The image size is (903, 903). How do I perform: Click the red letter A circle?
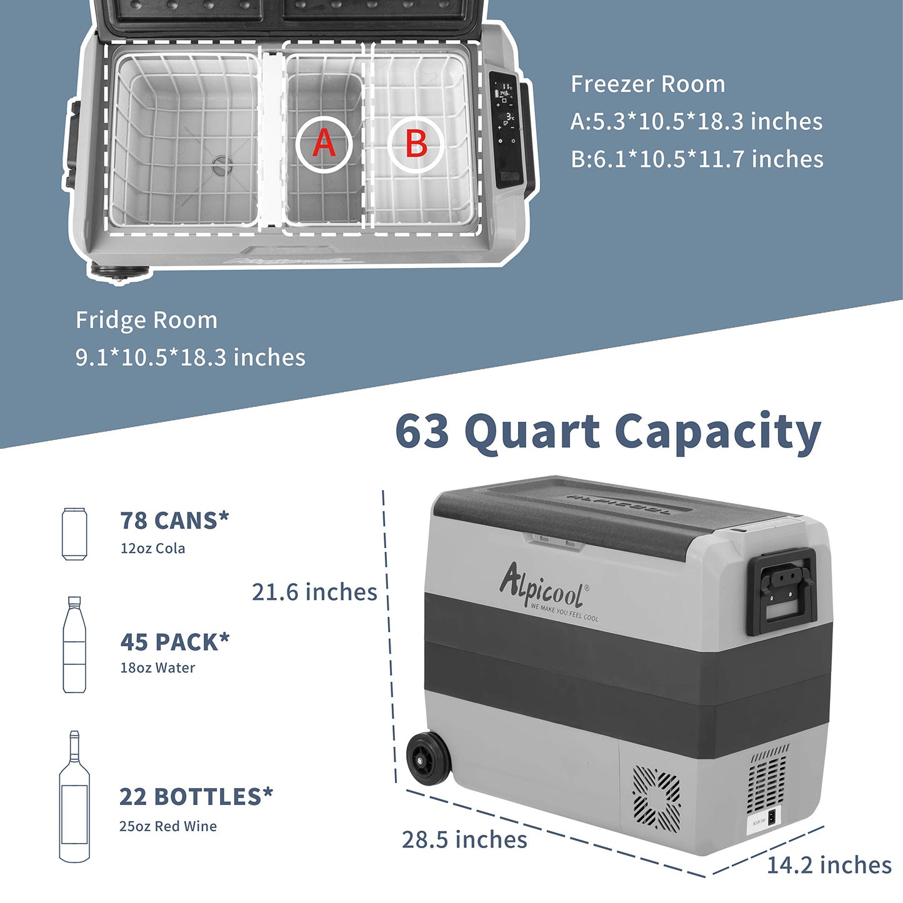(324, 143)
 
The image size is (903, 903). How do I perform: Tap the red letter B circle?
(416, 143)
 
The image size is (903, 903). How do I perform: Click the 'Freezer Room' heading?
(648, 84)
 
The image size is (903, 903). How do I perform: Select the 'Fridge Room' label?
(147, 320)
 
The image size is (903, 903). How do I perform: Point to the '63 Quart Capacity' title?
(607, 432)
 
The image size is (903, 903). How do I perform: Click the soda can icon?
(74, 534)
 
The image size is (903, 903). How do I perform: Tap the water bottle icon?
(74, 645)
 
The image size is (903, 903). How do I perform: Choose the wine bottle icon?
(74, 797)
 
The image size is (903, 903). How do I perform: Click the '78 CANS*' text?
(174, 521)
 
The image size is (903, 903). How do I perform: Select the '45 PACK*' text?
(175, 642)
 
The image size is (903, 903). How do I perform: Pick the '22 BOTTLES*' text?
(196, 797)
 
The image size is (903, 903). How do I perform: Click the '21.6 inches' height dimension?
(314, 592)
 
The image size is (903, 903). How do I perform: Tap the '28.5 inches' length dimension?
(464, 840)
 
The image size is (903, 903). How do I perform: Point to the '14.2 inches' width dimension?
(829, 866)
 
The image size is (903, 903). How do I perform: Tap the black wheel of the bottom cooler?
(429, 757)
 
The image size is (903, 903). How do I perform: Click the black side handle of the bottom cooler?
(783, 591)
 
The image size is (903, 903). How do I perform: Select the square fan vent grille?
(656, 798)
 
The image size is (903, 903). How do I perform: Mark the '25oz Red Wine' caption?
(168, 826)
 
